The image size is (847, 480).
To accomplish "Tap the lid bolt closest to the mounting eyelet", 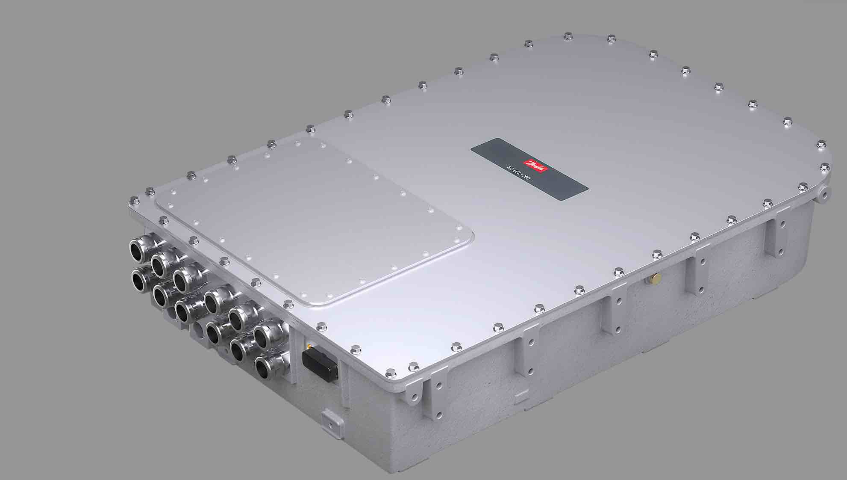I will [803, 186].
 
